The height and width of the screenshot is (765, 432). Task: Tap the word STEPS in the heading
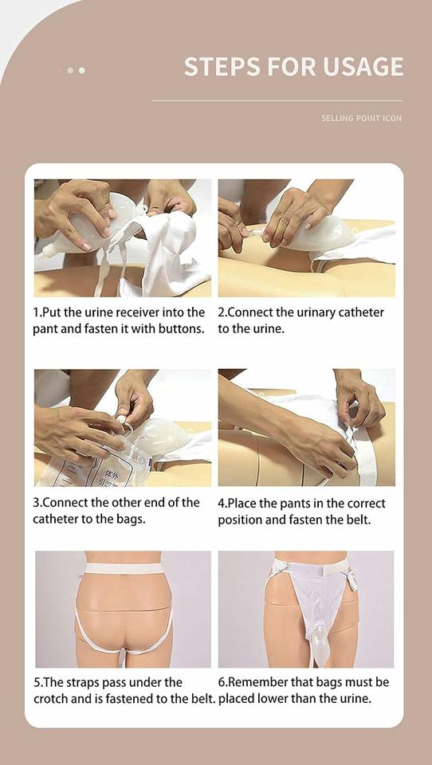pos(220,67)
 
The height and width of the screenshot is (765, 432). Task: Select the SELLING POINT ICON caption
pos(362,118)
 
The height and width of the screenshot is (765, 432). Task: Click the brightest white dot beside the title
pos(81,70)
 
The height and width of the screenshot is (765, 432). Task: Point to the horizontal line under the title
pos(277,100)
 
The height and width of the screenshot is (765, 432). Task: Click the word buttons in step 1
pos(178,328)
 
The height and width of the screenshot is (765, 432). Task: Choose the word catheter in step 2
pos(359,312)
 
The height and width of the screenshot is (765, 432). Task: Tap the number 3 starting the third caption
pos(36,503)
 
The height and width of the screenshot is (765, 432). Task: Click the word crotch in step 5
pos(49,699)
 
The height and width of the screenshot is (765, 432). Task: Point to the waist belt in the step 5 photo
pos(124,568)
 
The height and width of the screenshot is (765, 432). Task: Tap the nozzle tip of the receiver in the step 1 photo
pos(47,251)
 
